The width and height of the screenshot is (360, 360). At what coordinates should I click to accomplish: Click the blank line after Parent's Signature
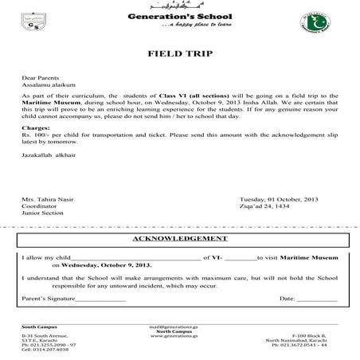pyautogui.click(x=100, y=299)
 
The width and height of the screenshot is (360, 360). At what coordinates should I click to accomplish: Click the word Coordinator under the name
pyautogui.click(x=38, y=205)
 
